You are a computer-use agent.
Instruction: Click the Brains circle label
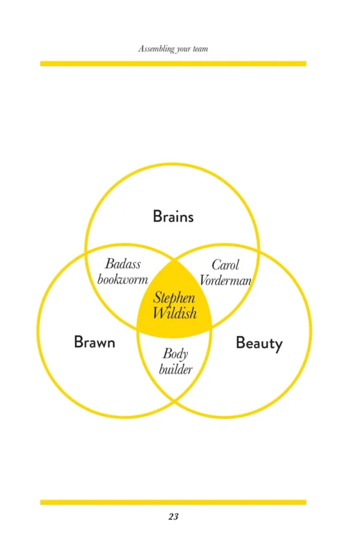(x=173, y=216)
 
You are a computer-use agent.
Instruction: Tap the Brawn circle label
(x=94, y=342)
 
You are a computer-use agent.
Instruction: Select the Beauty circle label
(x=259, y=343)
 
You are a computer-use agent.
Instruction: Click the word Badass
(x=123, y=264)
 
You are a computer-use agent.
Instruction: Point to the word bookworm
(x=123, y=279)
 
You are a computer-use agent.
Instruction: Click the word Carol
(x=226, y=265)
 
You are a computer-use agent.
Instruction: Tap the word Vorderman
(x=224, y=280)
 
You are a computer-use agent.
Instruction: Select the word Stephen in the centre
(x=175, y=298)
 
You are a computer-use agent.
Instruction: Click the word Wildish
(x=175, y=313)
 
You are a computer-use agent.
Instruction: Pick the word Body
(x=175, y=354)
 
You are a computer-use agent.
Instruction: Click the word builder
(x=176, y=369)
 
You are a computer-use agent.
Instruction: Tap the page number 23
(x=173, y=516)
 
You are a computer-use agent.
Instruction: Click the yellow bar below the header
(x=173, y=63)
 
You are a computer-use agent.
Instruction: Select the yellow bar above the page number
(x=173, y=502)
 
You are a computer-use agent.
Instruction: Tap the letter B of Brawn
(x=78, y=342)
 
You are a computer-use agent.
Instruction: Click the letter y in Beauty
(x=278, y=345)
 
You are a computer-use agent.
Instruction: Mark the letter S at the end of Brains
(x=190, y=217)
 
